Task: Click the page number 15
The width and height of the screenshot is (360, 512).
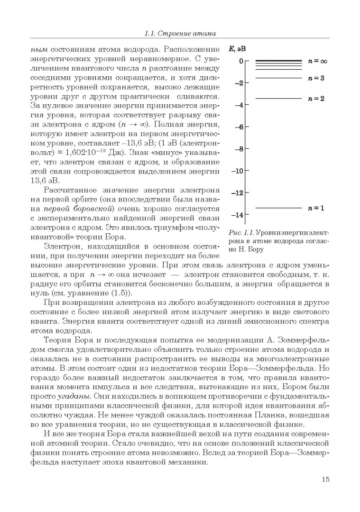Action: (x=325, y=479)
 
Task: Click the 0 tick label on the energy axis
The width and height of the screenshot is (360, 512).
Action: (x=241, y=61)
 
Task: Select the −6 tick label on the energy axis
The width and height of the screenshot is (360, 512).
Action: (x=239, y=127)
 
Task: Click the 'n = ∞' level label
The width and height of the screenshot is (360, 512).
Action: (x=317, y=61)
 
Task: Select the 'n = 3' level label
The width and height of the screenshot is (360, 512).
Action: (x=316, y=78)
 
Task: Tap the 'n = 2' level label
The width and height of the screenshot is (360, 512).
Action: (x=316, y=99)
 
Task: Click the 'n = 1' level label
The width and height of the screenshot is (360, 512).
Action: (x=316, y=208)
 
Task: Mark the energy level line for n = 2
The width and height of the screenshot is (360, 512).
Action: (x=278, y=99)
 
